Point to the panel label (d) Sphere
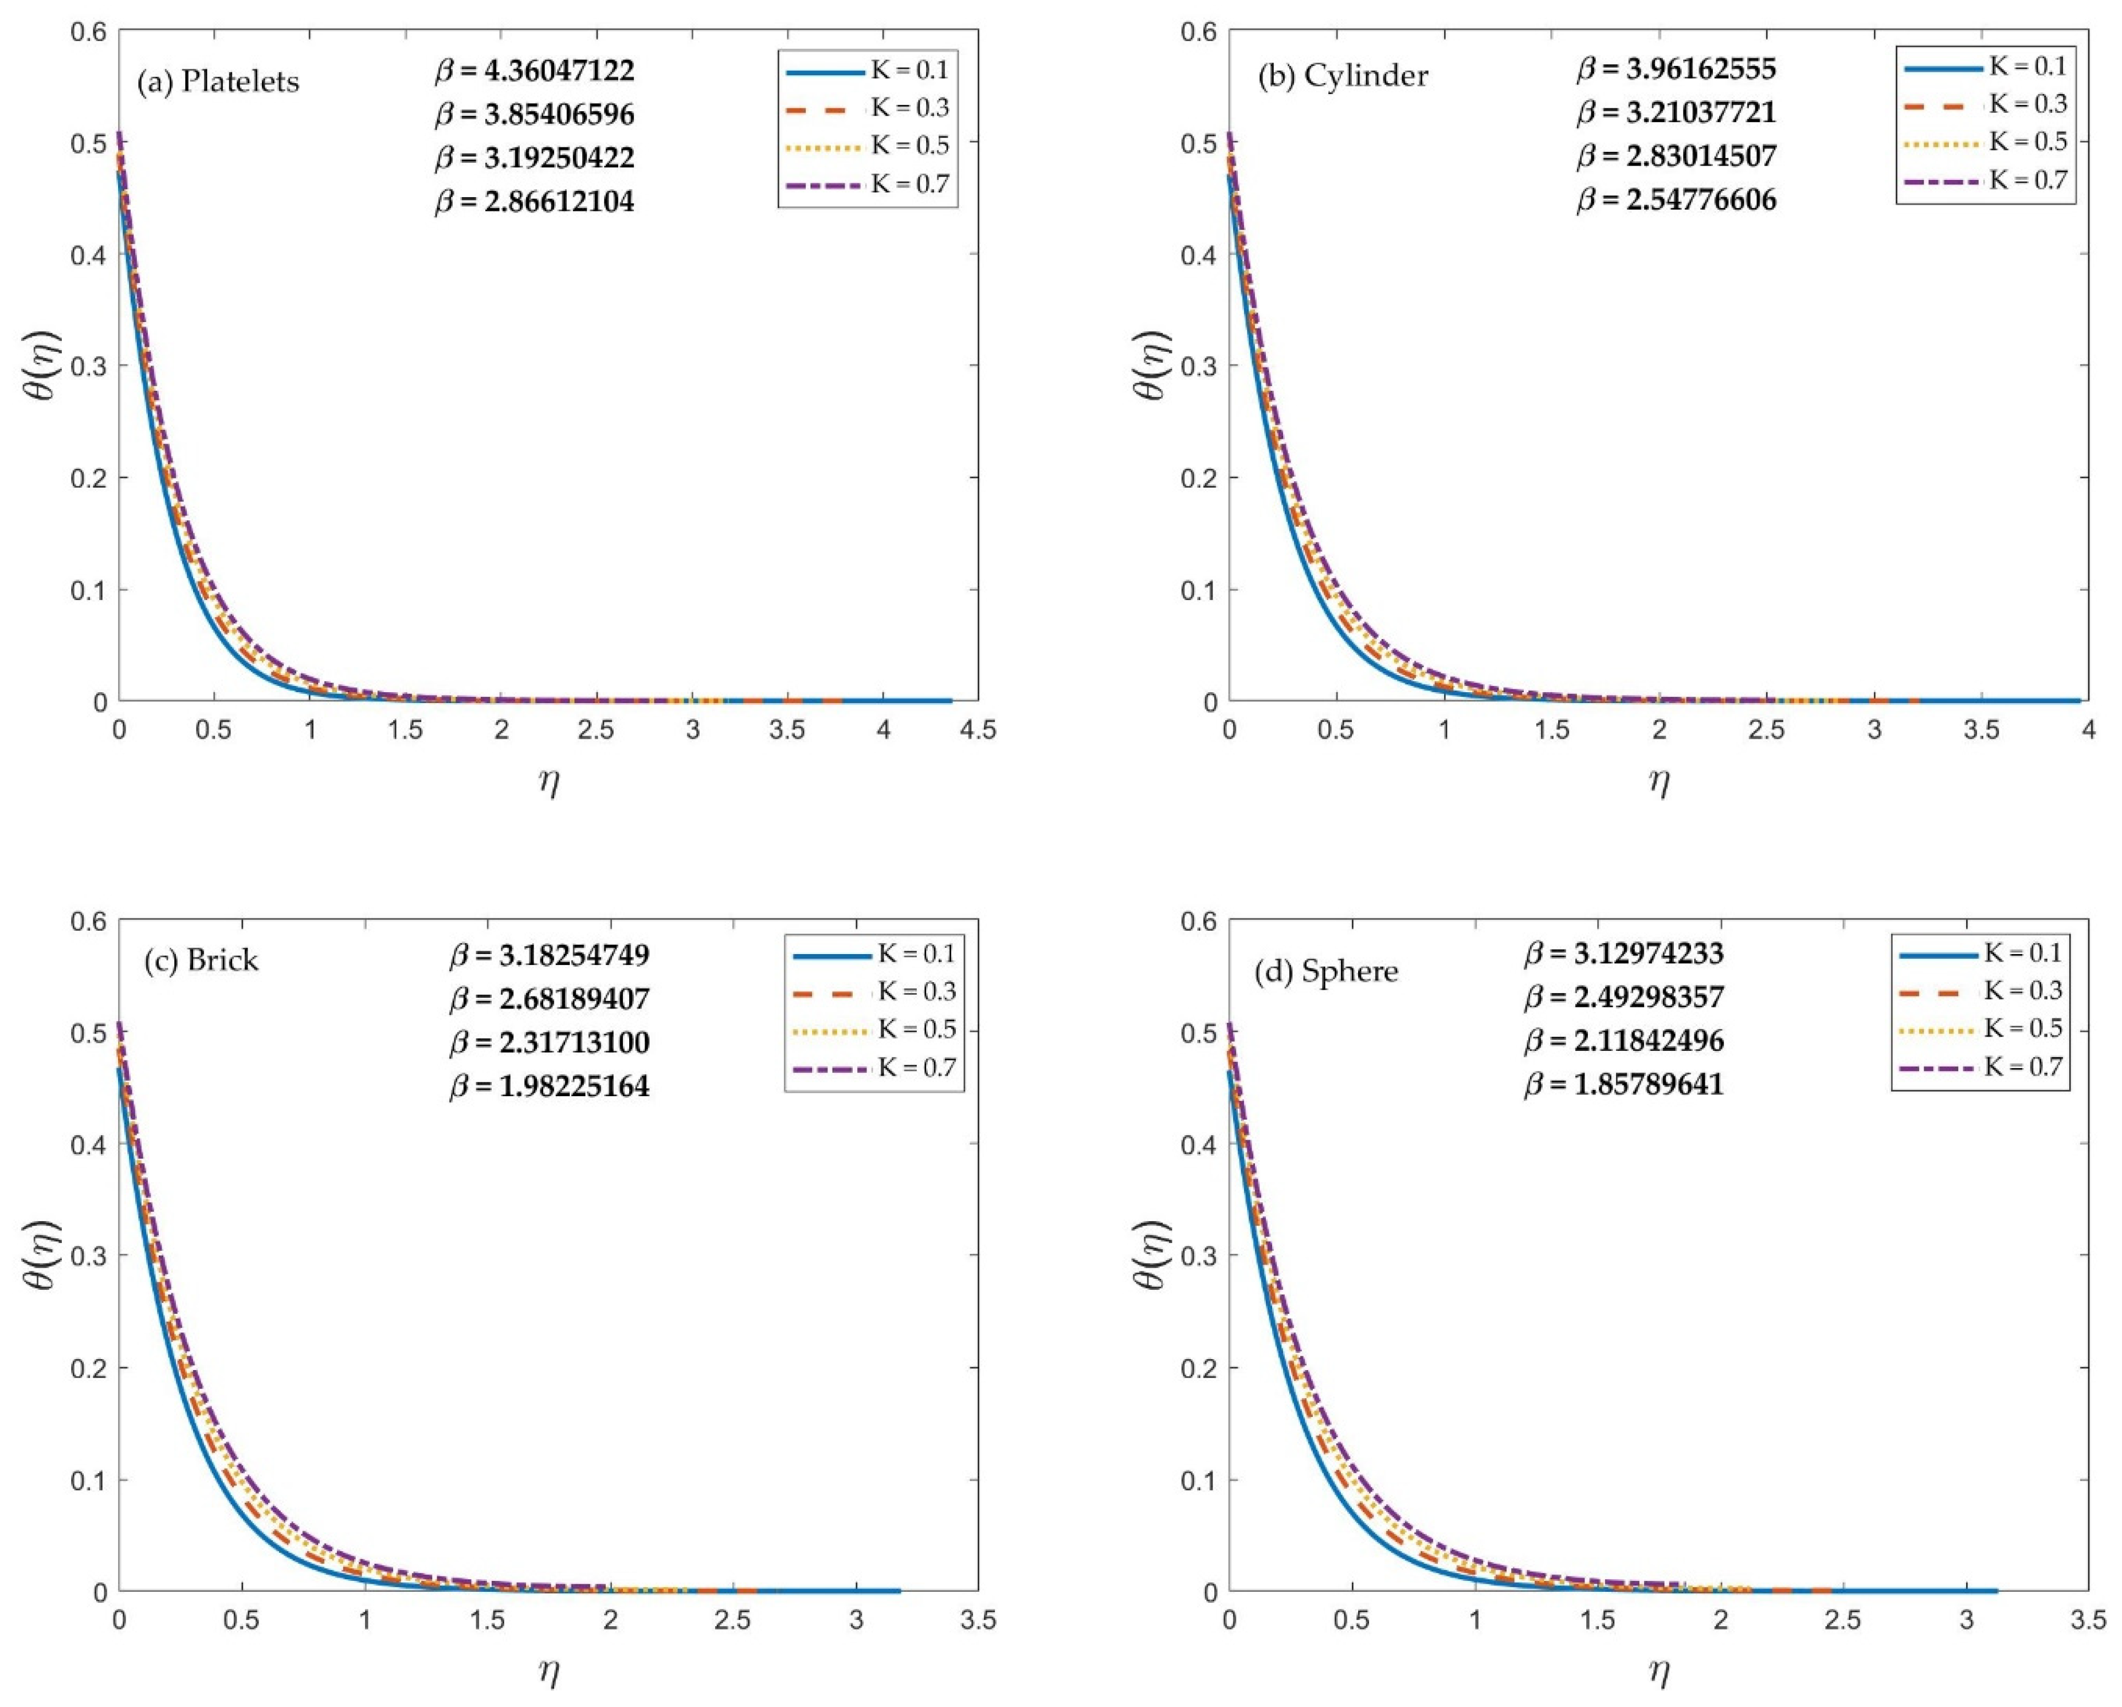pyautogui.click(x=1326, y=972)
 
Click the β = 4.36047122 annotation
pyautogui.click(x=535, y=71)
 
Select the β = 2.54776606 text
pyautogui.click(x=1677, y=201)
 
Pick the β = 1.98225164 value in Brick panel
pyautogui.click(x=550, y=1087)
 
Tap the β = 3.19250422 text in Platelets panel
pyautogui.click(x=535, y=158)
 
